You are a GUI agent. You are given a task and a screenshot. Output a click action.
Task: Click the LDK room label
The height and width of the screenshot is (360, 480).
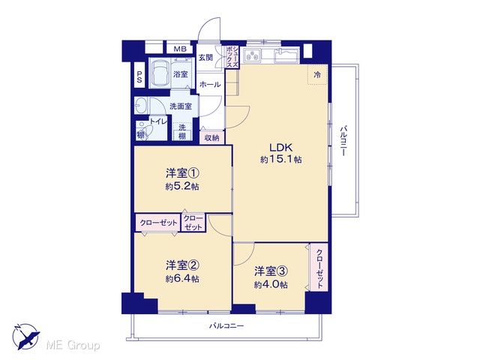tap(280, 148)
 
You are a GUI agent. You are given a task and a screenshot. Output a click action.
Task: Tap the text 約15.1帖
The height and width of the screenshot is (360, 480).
tap(280, 159)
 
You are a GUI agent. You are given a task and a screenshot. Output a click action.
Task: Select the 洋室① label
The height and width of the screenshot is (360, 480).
tap(182, 173)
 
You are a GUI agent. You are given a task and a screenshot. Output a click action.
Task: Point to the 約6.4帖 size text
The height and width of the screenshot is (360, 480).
tap(182, 279)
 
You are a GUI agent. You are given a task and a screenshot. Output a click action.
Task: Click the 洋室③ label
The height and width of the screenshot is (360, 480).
tap(271, 271)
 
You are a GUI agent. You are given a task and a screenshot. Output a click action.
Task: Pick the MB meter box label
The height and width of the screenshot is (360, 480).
tap(180, 49)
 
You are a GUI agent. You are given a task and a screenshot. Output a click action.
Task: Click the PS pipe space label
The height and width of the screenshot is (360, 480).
tap(139, 76)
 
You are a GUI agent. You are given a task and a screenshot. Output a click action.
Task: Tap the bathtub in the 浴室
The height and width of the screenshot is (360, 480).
tap(160, 73)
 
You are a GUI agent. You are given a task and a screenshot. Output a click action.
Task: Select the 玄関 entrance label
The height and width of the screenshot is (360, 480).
tap(205, 57)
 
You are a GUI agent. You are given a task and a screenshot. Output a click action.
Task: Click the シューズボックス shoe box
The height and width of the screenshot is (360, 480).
tap(232, 57)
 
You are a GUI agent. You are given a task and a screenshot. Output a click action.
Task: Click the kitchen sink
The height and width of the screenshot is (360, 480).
tap(286, 56)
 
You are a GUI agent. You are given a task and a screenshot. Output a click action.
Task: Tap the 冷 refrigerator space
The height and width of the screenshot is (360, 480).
tap(317, 74)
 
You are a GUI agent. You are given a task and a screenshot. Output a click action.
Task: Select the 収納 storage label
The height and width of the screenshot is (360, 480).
tap(211, 138)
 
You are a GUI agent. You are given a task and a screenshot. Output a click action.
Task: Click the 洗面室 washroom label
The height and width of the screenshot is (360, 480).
tap(181, 106)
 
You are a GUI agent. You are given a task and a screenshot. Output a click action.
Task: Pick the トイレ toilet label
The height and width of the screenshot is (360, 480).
tap(158, 121)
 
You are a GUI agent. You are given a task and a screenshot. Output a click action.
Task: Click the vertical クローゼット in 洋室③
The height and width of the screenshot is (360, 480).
tap(319, 267)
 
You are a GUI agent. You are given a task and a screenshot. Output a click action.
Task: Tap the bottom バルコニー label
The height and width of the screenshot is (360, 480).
tap(226, 325)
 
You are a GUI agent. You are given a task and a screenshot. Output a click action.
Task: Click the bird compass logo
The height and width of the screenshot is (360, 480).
tap(25, 337)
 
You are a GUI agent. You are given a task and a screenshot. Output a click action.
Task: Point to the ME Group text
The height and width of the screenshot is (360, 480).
tap(73, 345)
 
